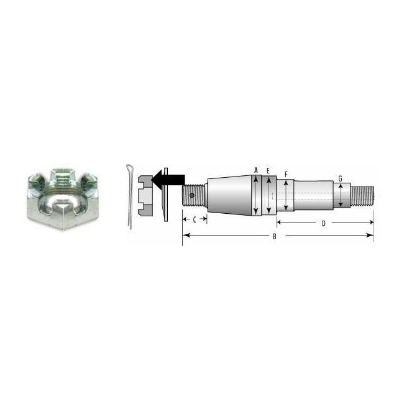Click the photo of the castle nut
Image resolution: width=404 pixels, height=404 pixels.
pos(62,198)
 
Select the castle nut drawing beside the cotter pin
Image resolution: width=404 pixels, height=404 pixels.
pos(144,194)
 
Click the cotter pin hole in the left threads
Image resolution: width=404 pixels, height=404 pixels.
pos(193,197)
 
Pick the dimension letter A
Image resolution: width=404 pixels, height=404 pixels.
pos(255,170)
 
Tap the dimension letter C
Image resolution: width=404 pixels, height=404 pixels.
pos(194,219)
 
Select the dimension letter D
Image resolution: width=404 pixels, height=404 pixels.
pos(324,223)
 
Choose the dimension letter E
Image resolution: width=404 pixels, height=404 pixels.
pos(268,170)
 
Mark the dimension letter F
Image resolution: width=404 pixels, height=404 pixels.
pos(285,175)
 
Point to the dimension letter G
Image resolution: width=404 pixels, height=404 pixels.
pos(340,179)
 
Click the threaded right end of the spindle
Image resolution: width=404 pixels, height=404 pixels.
pos(362,196)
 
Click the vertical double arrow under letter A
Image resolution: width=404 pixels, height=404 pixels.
pos(255,196)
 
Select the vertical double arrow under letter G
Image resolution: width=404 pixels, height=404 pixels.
pos(340,196)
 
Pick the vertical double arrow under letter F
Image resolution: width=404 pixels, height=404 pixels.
pos(285,196)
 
